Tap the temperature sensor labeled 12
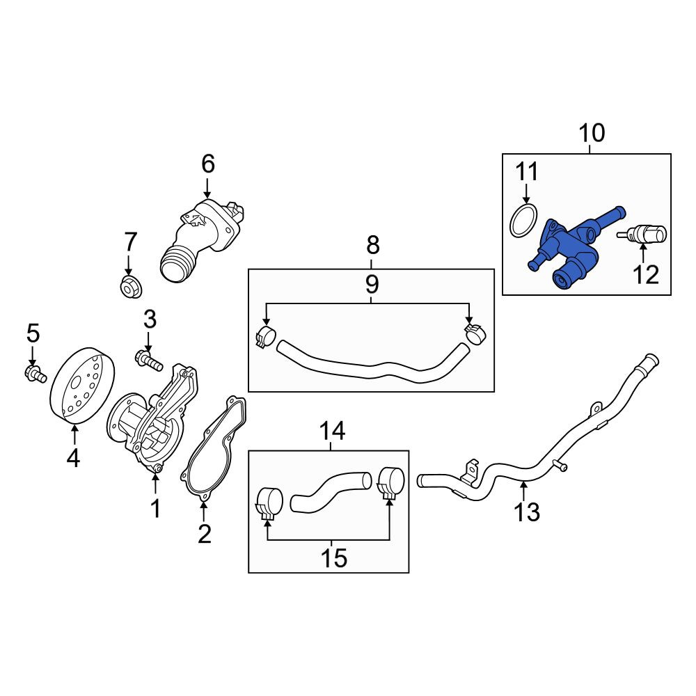click(642, 234)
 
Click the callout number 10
click(592, 133)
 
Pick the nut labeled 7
click(130, 287)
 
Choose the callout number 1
click(155, 509)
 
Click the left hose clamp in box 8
click(266, 336)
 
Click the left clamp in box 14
click(269, 503)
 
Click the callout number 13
click(526, 512)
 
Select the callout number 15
click(334, 558)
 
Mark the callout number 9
click(372, 284)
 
